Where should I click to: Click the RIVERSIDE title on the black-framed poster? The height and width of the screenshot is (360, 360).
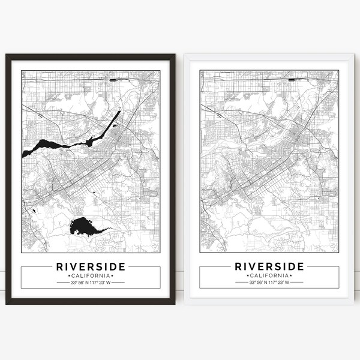91,265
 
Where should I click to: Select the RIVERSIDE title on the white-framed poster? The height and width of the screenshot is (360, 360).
269,265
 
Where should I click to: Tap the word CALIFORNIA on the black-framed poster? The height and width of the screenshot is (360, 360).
91,275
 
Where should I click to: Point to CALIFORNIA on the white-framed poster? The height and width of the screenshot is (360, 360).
269,275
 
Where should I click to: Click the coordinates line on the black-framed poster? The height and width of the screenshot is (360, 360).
91,282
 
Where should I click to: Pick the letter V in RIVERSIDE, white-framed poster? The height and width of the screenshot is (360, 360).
254,265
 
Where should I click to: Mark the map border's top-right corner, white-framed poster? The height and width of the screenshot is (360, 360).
339,70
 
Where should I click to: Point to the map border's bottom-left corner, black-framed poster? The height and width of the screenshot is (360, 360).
22,252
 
